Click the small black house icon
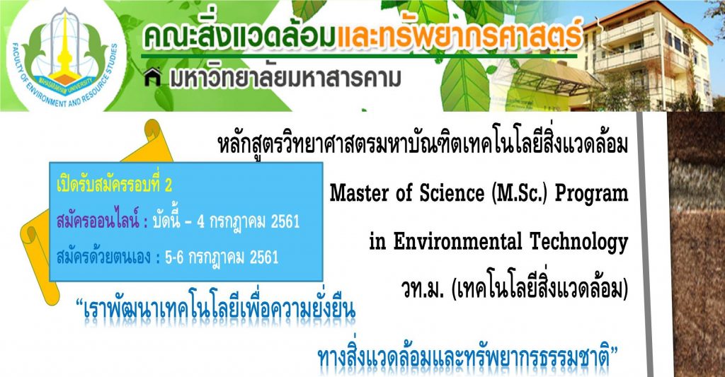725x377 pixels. [152, 77]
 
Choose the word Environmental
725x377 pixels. [458, 241]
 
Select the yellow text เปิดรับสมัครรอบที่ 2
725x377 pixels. [114, 185]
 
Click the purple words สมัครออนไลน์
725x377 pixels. [98, 221]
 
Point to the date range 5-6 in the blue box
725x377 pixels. [174, 257]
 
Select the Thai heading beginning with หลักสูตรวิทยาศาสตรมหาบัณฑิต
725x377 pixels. [423, 144]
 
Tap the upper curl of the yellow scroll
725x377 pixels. [157, 132]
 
